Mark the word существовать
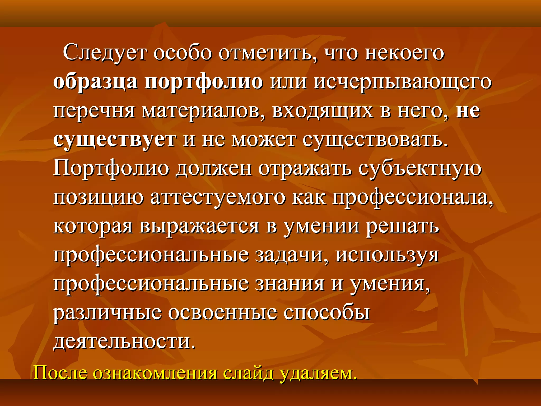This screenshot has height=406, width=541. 375,140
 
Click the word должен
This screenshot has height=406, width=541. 214,169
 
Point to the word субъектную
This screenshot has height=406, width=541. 420,169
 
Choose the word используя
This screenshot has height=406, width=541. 387,256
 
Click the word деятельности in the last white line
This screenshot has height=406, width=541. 124,342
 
